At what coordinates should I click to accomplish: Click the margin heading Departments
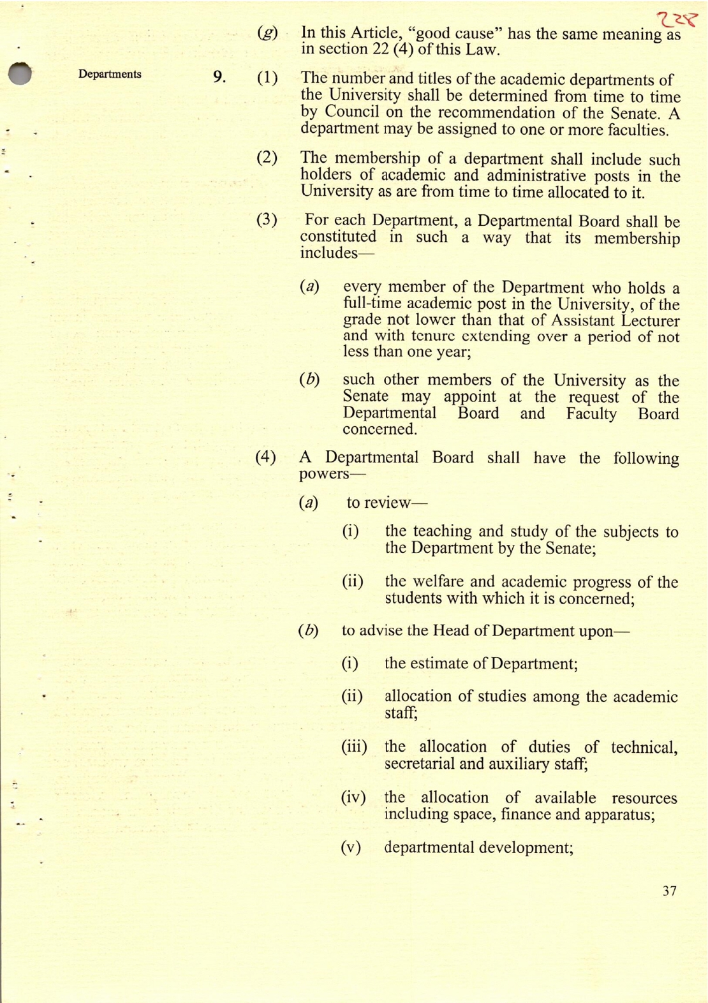click(110, 74)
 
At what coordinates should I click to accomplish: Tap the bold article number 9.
click(219, 78)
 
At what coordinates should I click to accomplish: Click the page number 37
click(669, 891)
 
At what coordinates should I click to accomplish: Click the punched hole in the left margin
click(20, 74)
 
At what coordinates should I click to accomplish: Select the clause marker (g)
click(267, 33)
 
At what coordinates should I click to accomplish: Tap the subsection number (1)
click(267, 78)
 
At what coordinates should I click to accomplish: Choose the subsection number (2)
click(267, 158)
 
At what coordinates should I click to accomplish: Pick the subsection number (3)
click(267, 220)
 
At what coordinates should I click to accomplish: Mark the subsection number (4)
click(265, 457)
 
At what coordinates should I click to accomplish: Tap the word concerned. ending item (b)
click(380, 429)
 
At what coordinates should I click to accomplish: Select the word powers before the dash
click(324, 474)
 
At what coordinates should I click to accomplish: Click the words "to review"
click(378, 503)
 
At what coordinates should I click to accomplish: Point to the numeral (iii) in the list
click(354, 747)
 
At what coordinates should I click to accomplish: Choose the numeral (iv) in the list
click(353, 797)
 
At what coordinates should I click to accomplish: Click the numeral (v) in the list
click(351, 847)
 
